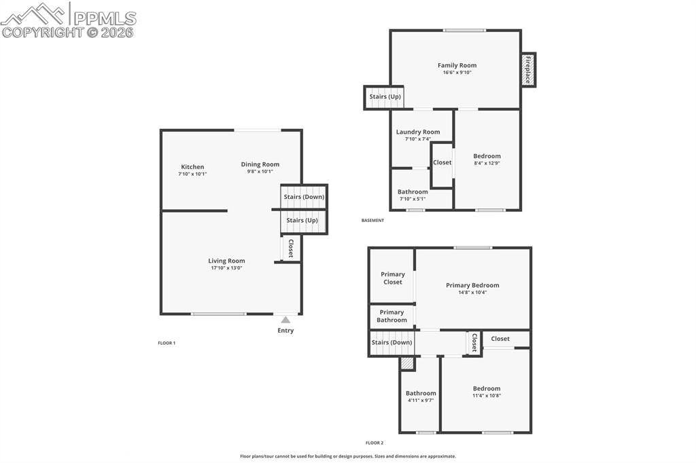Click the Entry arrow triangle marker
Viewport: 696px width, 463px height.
285,319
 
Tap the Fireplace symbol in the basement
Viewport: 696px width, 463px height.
527,70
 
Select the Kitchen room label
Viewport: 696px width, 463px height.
192,167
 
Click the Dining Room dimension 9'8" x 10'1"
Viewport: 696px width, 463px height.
260,172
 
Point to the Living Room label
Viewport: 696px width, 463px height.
226,261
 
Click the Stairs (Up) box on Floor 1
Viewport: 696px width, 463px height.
302,221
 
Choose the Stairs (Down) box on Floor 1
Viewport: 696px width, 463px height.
304,197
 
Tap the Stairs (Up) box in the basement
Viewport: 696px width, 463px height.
385,97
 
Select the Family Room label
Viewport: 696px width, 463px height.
457,66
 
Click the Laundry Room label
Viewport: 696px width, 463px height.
418,132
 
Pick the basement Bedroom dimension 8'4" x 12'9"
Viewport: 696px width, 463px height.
487,163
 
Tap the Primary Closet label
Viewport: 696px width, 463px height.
393,278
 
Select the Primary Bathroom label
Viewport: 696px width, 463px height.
391,316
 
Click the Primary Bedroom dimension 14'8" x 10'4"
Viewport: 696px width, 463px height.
472,293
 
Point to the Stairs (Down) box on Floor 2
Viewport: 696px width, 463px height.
391,343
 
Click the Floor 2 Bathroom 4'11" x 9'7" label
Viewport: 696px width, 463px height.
421,396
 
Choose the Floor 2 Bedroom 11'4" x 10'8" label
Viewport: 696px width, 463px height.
487,392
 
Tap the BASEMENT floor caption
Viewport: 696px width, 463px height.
372,221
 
